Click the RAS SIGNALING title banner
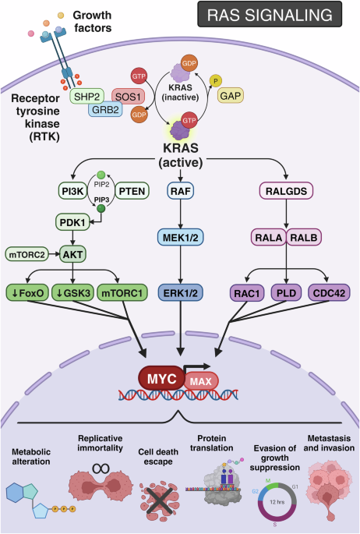tap(270, 14)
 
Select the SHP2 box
tap(86, 97)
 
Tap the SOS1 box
tap(129, 97)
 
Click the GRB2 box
tap(105, 110)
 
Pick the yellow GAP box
tap(231, 96)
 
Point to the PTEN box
tap(132, 191)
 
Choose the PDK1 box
tap(72, 223)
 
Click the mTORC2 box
tap(26, 254)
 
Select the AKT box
tap(72, 254)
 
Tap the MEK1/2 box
tap(180, 237)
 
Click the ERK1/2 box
tap(180, 293)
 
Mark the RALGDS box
tap(286, 191)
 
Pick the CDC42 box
tap(329, 293)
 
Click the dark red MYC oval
tap(161, 378)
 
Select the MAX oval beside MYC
tap(201, 381)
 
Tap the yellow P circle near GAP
tap(215, 81)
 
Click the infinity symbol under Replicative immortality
tap(101, 469)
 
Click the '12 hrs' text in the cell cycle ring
tap(277, 502)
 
